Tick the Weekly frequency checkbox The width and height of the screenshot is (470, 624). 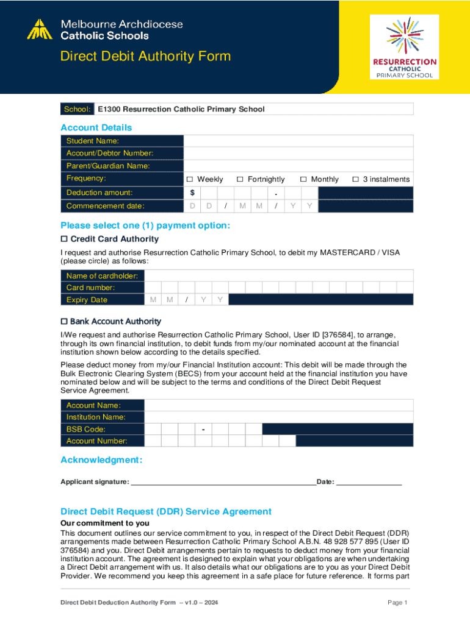coord(189,179)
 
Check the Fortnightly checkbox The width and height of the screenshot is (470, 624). coord(240,179)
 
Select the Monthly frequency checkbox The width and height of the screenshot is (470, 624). coord(303,179)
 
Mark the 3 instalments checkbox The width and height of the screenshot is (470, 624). coord(355,179)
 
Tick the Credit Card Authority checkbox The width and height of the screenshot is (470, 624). coord(64,239)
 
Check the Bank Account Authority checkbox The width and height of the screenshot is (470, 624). coord(64,321)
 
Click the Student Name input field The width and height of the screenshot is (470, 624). coord(298,141)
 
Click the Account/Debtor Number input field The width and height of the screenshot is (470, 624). coord(298,153)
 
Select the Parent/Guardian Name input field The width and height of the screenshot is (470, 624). coord(298,166)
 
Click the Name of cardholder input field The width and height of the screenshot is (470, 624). coord(278,275)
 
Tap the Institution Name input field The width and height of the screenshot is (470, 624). coord(278,417)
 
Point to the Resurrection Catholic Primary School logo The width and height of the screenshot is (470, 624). coord(405,48)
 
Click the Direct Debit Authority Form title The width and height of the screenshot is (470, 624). coord(145,57)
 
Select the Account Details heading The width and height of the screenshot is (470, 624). coord(96,127)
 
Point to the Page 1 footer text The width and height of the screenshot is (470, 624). coord(397,603)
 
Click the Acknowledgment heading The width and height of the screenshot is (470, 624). coord(101,459)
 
